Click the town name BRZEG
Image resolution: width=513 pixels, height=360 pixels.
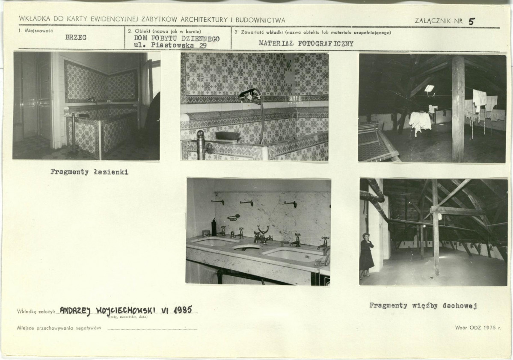76,37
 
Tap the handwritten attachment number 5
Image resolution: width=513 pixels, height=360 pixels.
471,21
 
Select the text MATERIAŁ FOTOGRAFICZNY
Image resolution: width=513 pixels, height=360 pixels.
306,44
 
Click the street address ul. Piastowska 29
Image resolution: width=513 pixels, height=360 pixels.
170,45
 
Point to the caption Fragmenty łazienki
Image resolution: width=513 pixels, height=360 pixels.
89,172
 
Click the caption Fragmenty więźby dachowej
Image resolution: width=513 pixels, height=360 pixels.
423,306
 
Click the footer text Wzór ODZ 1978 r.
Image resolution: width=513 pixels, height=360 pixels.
477,328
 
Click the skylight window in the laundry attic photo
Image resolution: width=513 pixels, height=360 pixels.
429,88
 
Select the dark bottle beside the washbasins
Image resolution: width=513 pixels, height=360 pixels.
214,227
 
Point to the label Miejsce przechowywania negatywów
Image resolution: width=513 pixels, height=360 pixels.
59,328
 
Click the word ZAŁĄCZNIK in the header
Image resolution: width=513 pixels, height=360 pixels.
434,21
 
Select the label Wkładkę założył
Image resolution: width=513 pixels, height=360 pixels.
36,312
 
